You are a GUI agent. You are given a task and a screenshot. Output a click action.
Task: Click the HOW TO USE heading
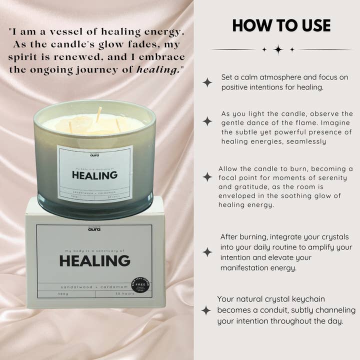tap(281, 26)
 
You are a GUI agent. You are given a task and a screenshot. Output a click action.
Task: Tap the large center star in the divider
tap(278, 49)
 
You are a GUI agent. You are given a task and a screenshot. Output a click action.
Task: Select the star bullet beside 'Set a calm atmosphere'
tap(207, 82)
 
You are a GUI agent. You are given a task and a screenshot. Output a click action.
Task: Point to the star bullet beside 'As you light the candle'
tap(207, 121)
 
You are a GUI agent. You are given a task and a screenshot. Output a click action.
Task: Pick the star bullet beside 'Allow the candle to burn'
tap(207, 177)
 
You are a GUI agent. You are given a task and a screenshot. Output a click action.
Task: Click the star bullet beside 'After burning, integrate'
tap(207, 252)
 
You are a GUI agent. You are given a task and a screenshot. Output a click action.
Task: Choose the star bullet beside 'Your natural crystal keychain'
tap(206, 310)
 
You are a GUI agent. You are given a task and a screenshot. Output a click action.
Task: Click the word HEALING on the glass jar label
tap(94, 175)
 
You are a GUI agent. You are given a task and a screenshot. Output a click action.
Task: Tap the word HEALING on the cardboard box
tap(94, 260)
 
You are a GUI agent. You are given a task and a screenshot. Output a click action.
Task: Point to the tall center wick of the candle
tap(99, 114)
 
